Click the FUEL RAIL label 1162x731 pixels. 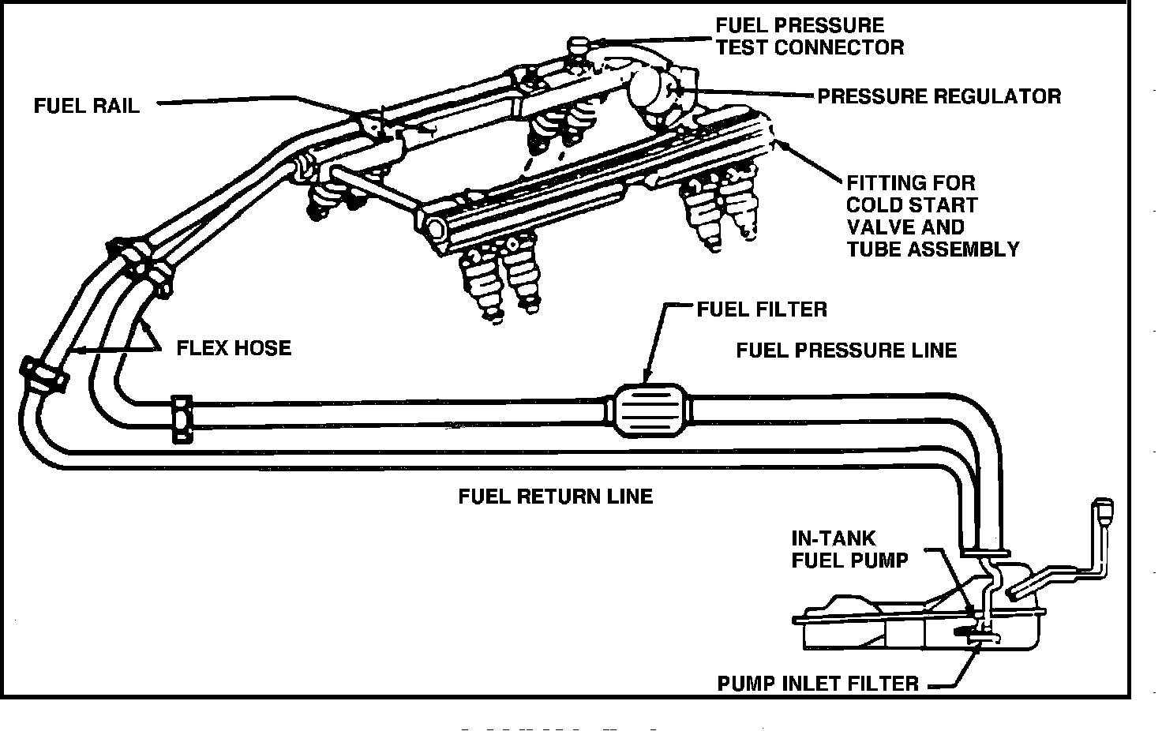[x=86, y=105]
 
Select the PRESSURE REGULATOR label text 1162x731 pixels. [x=939, y=96]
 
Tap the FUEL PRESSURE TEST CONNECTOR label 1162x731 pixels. [x=809, y=36]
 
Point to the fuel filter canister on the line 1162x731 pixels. [x=647, y=409]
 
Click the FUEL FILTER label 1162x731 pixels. [x=761, y=309]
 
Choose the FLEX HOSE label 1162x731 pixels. [x=233, y=347]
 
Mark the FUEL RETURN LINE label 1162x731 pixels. [x=555, y=496]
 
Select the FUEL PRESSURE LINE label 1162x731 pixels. [x=846, y=350]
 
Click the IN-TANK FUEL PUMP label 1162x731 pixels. [x=849, y=549]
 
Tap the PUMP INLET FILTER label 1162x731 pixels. [x=817, y=683]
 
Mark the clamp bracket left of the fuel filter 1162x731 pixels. [x=182, y=419]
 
